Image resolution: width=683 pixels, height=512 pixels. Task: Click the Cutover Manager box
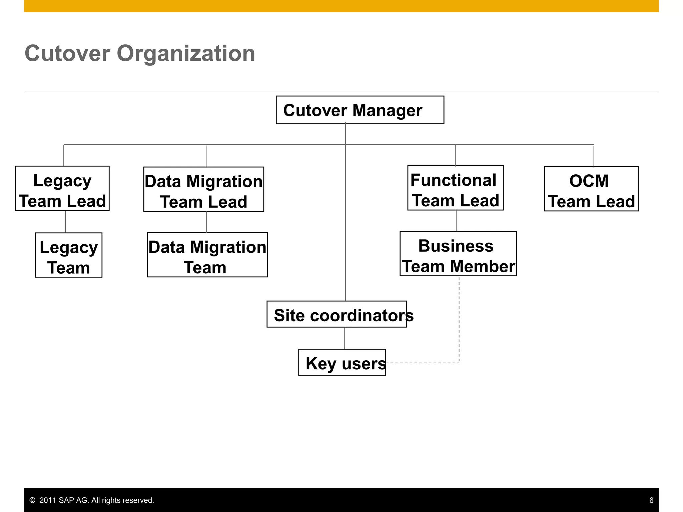(360, 110)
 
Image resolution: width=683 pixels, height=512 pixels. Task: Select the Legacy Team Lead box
(62, 188)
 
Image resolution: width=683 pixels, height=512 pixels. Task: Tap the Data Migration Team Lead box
(203, 189)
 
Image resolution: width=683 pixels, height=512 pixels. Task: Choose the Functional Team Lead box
(455, 188)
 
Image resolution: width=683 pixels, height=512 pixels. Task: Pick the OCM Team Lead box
(591, 189)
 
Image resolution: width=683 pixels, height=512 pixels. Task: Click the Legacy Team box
(68, 255)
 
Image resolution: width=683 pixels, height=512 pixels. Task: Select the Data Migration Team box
(207, 255)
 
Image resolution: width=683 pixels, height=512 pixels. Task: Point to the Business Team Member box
(458, 254)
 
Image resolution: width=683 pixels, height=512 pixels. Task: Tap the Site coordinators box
(336, 314)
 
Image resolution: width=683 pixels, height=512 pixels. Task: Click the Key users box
(342, 362)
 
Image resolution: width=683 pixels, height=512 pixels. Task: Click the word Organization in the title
(186, 53)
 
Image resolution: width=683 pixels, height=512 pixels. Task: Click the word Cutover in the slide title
(67, 53)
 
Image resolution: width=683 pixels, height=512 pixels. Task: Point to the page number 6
(651, 500)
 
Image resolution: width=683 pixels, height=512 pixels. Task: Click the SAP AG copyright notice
(92, 500)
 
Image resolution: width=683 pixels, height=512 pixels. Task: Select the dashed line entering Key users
(424, 363)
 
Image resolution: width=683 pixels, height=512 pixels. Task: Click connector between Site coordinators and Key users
(345, 338)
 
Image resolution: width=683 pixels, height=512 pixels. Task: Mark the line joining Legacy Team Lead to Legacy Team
(65, 222)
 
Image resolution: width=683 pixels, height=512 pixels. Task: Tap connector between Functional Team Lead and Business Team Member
(456, 221)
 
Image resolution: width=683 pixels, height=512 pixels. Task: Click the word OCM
(589, 181)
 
